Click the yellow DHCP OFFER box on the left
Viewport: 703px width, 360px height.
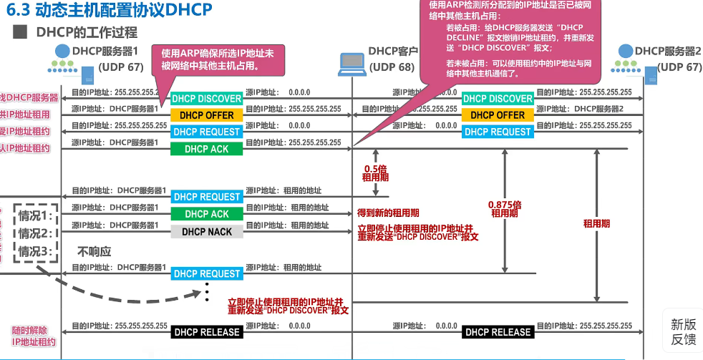coord(207,115)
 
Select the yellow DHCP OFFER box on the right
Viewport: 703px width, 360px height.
coord(498,115)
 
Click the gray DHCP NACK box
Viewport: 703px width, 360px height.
coord(207,232)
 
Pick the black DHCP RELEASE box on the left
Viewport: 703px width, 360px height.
coord(207,332)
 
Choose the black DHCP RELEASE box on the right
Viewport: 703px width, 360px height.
coord(498,332)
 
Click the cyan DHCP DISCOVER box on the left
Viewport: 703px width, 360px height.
coord(207,99)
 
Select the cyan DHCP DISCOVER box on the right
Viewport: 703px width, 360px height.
coord(498,99)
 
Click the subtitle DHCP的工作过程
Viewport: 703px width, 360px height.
coord(86,33)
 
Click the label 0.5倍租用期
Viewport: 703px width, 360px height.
coord(375,171)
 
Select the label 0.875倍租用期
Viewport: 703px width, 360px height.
coord(505,208)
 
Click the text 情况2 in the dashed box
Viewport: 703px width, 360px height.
coord(37,233)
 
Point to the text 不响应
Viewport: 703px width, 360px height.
coord(94,252)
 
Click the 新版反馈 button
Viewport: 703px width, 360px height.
coord(683,331)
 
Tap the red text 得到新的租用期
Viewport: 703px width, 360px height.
coord(388,213)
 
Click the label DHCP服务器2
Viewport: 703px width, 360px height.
coord(667,51)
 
